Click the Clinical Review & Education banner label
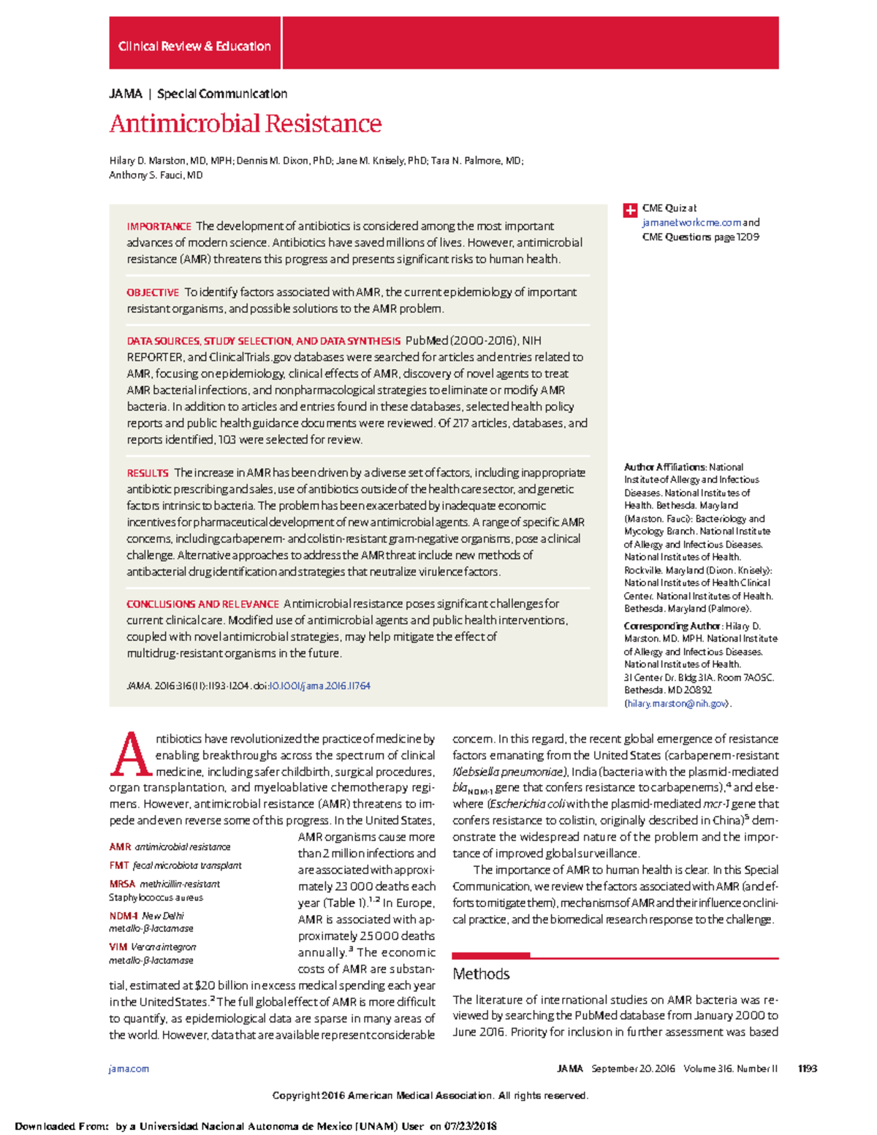pos(194,46)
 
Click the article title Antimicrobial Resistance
pos(246,124)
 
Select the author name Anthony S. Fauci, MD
pos(156,175)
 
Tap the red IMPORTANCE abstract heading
pos(159,227)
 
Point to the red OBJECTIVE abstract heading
pos(153,292)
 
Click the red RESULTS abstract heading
pos(148,473)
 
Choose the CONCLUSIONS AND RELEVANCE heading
pos(202,604)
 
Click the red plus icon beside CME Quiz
pos(630,210)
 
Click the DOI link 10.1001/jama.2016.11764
pos(319,686)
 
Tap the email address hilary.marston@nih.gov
pos(677,704)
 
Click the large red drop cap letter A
pos(130,754)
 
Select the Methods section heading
pos(481,974)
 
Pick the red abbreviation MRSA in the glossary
pos(122,884)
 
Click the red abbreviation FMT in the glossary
pos(119,865)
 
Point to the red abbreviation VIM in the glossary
pos(118,947)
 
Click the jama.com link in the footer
pos(129,1068)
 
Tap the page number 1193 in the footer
pos(807,1068)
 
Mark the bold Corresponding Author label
pos(672,626)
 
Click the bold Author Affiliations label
pos(664,467)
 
